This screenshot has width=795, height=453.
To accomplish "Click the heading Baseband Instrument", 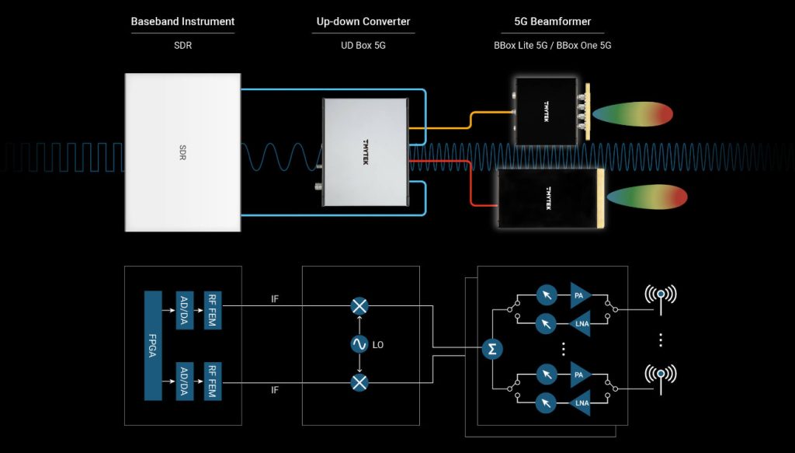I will [x=182, y=21].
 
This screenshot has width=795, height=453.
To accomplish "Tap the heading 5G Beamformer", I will [x=553, y=21].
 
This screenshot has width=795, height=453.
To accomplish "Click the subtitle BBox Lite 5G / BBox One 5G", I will [x=553, y=46].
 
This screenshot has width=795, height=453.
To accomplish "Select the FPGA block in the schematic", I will [x=152, y=346].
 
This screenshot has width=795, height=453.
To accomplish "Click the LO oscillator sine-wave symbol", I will [x=359, y=344].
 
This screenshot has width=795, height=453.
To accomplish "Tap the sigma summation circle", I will [x=491, y=350].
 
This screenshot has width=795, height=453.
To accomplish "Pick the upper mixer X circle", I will [x=359, y=306].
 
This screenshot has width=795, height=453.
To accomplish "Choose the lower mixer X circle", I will [x=359, y=382].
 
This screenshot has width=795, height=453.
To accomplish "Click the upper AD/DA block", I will [x=185, y=311].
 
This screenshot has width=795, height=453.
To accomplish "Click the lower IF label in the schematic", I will [x=275, y=391].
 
